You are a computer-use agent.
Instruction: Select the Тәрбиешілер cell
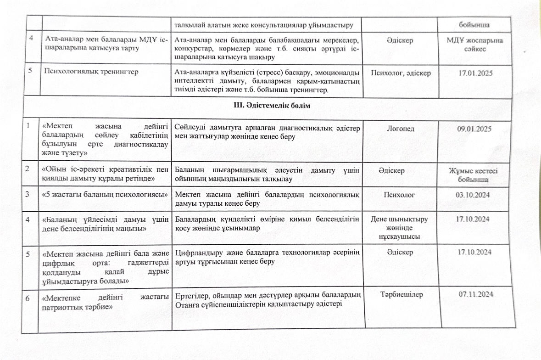(402, 294)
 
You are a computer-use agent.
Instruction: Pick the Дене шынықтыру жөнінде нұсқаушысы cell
(401, 228)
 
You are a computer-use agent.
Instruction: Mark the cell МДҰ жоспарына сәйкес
(474, 45)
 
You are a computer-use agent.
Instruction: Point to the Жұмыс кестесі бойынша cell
(474, 175)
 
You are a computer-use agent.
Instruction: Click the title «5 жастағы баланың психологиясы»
(104, 195)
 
